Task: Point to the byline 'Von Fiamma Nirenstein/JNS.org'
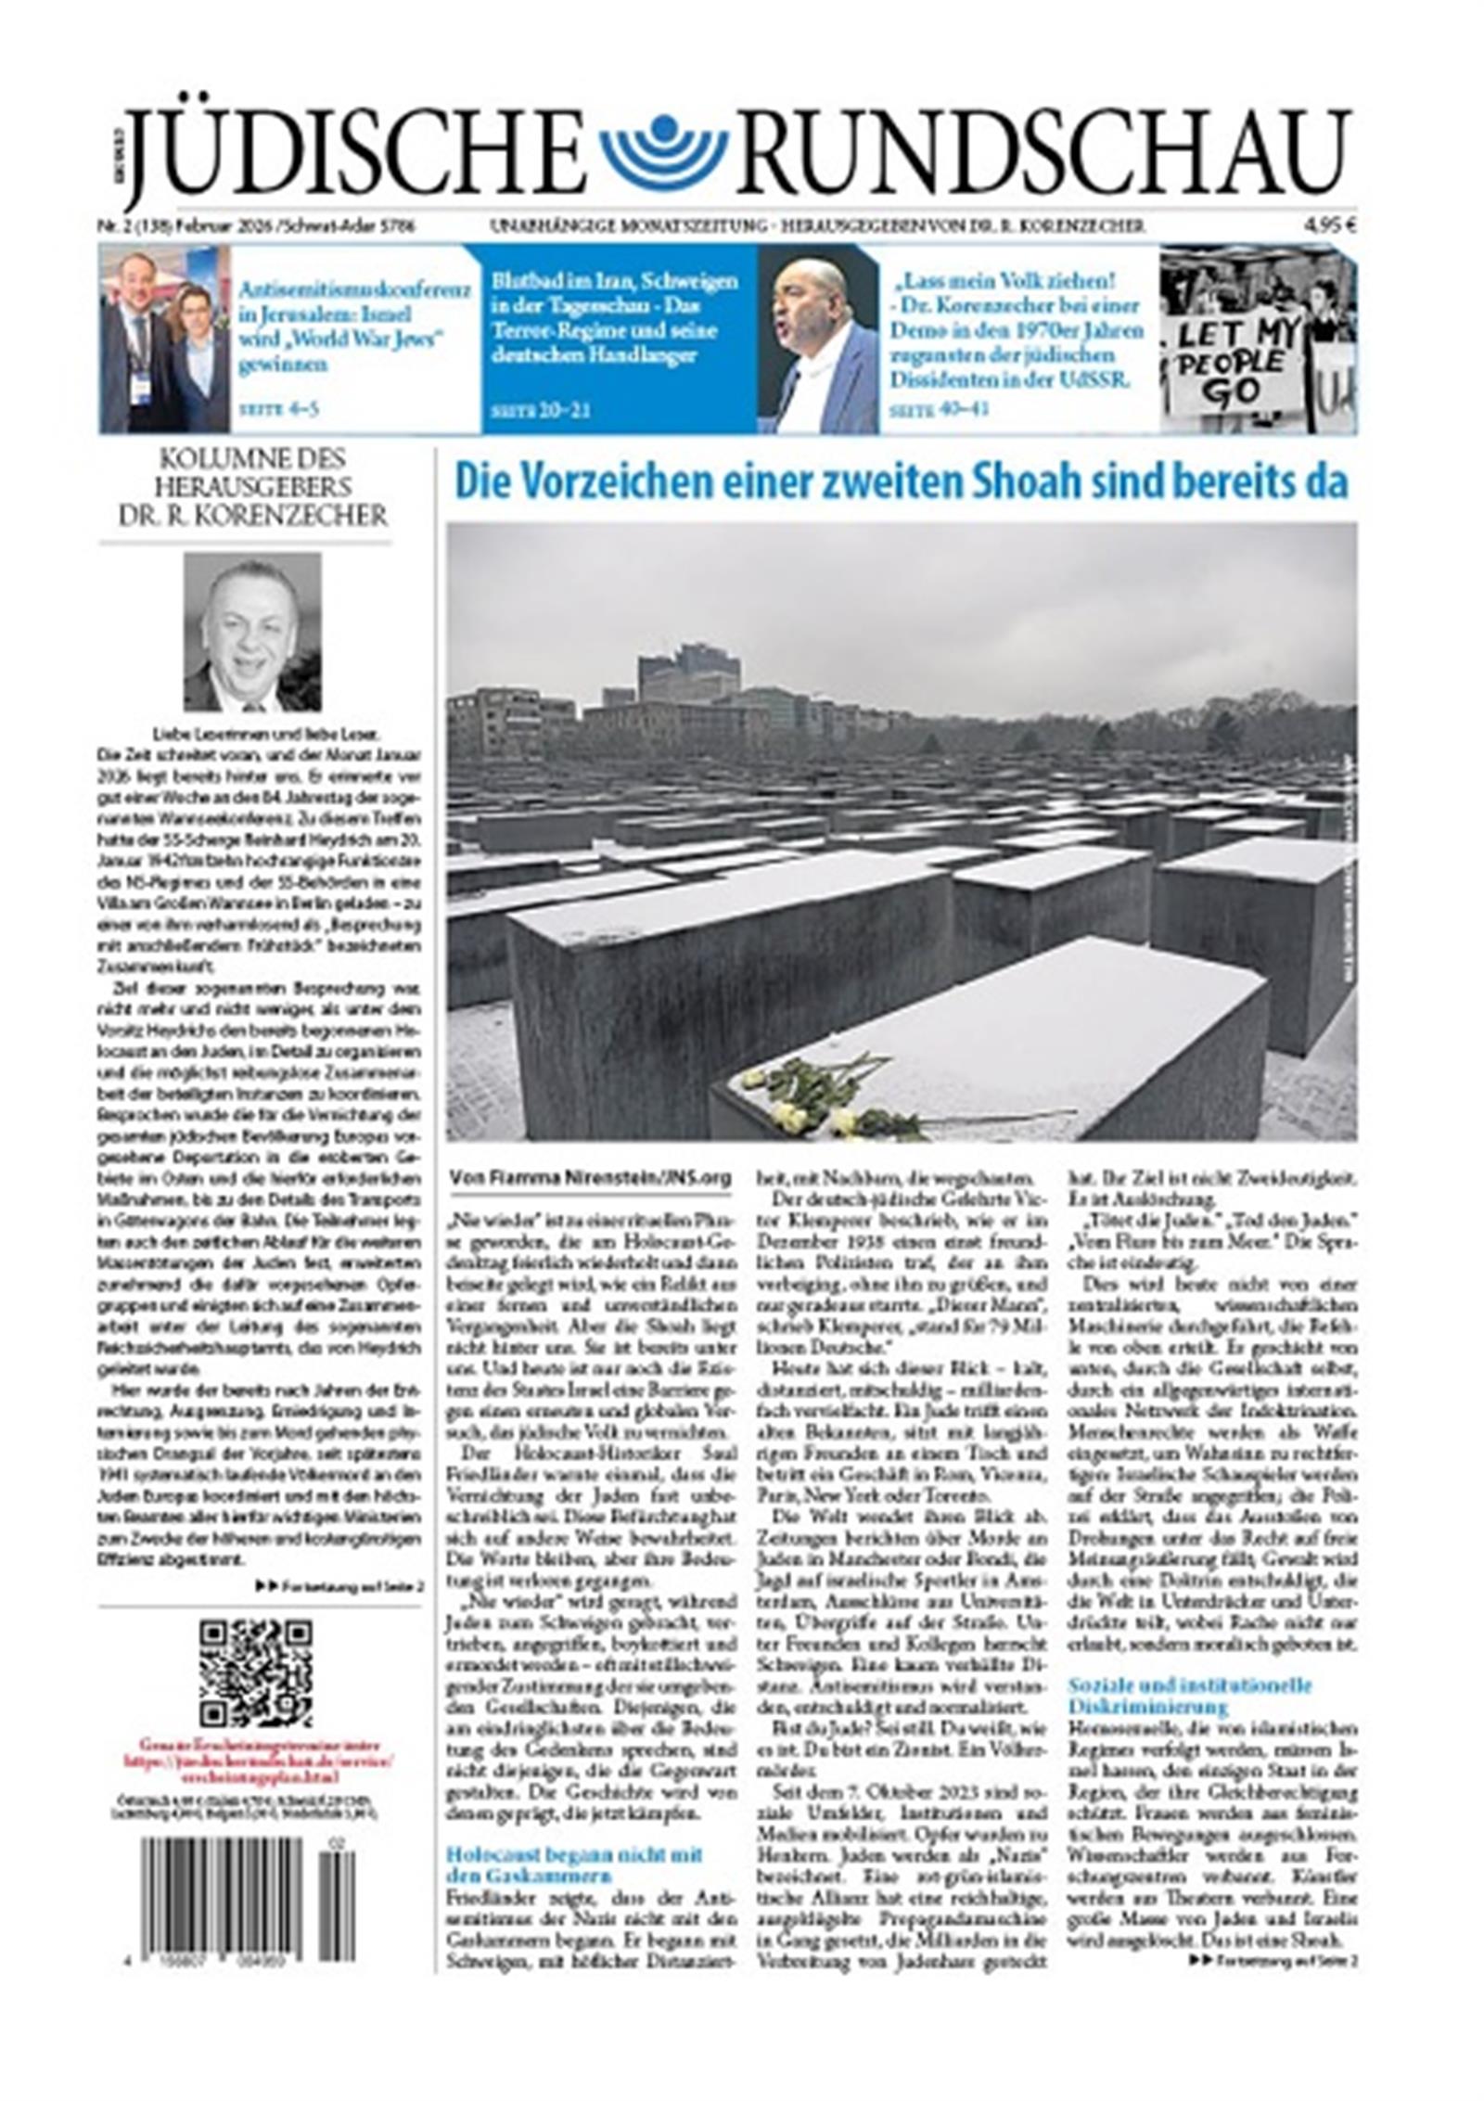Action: (x=590, y=1177)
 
